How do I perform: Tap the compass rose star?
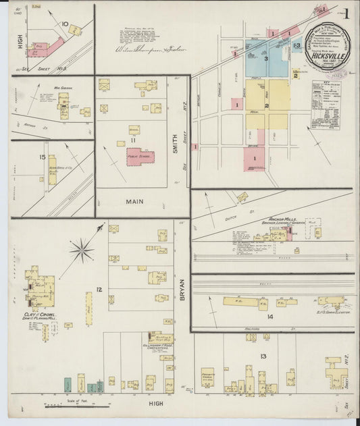point(82,251)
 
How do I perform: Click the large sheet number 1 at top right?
point(344,14)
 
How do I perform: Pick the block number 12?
point(99,290)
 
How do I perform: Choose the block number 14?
point(270,316)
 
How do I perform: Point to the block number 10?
point(65,24)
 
